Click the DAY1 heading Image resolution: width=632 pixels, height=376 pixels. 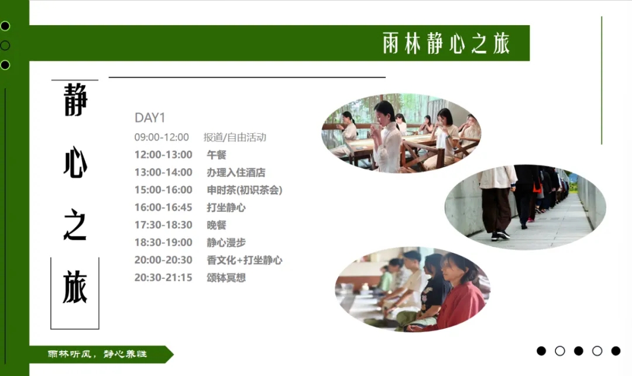point(150,118)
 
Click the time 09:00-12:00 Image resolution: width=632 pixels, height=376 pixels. point(162,137)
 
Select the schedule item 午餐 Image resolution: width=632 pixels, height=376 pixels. point(217,154)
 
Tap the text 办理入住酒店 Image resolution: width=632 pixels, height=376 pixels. point(236,173)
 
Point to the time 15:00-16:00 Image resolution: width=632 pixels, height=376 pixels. point(163,189)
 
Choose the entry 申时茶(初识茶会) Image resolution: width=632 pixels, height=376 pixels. point(244,190)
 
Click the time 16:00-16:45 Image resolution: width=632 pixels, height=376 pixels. point(163,208)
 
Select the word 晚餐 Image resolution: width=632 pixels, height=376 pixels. point(217,225)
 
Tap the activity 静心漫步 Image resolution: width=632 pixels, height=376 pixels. point(226,242)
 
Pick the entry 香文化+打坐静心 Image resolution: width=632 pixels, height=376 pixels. point(244,260)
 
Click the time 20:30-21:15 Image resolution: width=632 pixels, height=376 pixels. point(163,277)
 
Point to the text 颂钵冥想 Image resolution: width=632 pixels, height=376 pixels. point(226,278)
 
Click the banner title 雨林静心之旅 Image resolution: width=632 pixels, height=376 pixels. point(446,43)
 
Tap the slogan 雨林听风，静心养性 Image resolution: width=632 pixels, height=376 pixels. point(97,354)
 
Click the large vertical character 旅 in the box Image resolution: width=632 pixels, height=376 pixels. point(75,287)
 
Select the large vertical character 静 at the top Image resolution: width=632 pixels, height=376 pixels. point(75,99)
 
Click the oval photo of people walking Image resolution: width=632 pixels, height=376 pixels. point(525,207)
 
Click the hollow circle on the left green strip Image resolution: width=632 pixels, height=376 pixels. point(5,46)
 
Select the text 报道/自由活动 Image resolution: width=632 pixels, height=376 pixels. point(235,137)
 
